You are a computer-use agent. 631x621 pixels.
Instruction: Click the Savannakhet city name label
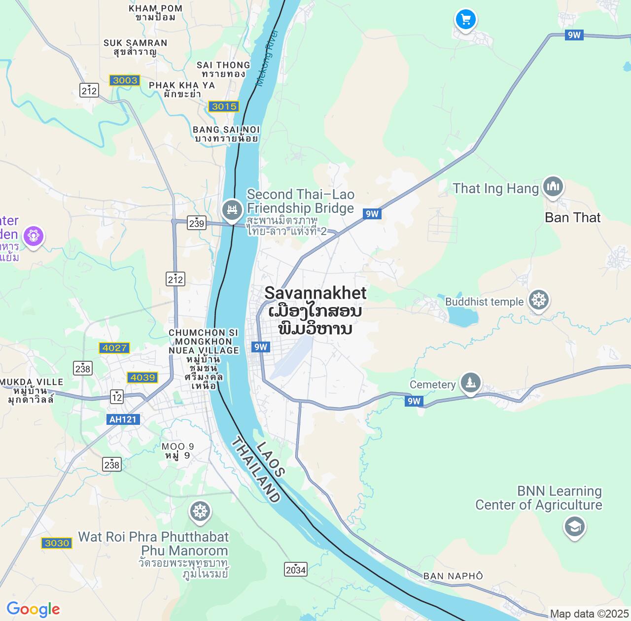pyautogui.click(x=315, y=293)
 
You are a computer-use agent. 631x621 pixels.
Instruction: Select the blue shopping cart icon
pyautogui.click(x=466, y=20)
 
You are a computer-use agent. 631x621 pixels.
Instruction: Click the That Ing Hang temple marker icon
pyautogui.click(x=553, y=187)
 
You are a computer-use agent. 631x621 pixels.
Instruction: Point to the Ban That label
pyautogui.click(x=572, y=218)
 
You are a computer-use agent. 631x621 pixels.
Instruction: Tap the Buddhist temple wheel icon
pyautogui.click(x=538, y=300)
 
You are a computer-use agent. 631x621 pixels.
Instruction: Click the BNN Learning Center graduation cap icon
pyautogui.click(x=574, y=527)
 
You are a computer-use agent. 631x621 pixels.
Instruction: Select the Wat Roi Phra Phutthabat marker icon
pyautogui.click(x=200, y=512)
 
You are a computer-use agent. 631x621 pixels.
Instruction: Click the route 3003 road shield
pyautogui.click(x=125, y=80)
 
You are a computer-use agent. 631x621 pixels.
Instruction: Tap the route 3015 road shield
pyautogui.click(x=224, y=106)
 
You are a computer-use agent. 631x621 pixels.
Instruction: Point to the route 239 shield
pyautogui.click(x=196, y=223)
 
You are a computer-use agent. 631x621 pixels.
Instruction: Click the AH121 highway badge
pyautogui.click(x=123, y=419)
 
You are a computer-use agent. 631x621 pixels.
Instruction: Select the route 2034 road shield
pyautogui.click(x=295, y=570)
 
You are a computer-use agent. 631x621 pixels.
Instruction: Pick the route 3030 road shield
pyautogui.click(x=57, y=543)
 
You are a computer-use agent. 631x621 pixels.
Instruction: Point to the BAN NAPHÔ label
pyautogui.click(x=453, y=576)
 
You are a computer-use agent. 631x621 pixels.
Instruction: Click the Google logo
pyautogui.click(x=33, y=609)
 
